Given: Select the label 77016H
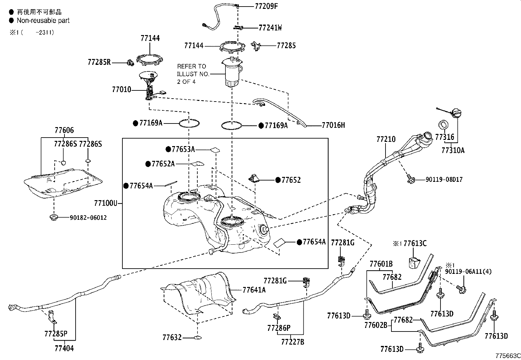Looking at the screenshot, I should click(x=333, y=125).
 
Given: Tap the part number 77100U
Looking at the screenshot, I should click(x=105, y=203).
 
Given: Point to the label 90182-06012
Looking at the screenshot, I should click(x=88, y=218).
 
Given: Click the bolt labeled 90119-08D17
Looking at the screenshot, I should click(x=410, y=179).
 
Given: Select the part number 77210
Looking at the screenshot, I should click(x=386, y=139).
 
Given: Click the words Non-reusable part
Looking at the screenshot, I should click(x=43, y=21).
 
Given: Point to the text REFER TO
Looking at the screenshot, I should click(x=191, y=66).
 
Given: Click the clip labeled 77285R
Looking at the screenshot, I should click(x=130, y=62).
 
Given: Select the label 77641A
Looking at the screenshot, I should click(x=254, y=290).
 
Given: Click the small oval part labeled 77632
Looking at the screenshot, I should click(x=197, y=337).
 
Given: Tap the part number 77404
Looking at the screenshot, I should click(x=64, y=348).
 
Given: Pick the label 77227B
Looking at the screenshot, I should click(x=293, y=342).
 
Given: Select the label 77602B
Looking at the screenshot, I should click(x=376, y=325).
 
